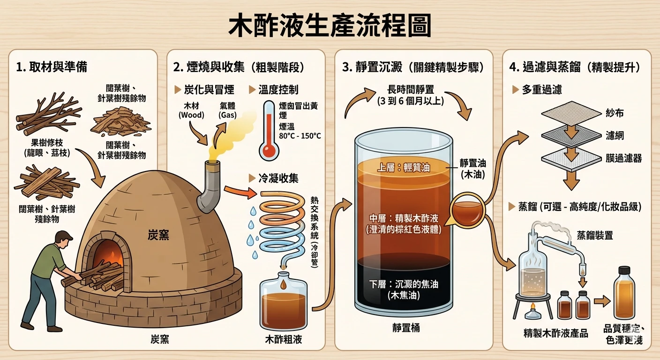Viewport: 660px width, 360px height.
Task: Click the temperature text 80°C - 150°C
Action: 300,136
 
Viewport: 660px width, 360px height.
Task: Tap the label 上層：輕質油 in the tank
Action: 404,168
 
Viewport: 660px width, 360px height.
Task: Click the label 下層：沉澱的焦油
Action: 404,284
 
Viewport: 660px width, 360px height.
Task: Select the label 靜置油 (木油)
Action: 473,169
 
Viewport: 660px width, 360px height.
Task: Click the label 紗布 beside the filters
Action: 615,113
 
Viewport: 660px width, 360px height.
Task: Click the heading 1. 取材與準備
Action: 52,67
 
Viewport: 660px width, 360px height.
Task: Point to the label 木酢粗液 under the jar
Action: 284,340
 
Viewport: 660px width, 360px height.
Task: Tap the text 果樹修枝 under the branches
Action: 47,143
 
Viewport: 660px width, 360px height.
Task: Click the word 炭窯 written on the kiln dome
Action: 158,235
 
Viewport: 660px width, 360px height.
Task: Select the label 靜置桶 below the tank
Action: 406,328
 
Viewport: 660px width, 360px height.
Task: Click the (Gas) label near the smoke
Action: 227,115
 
